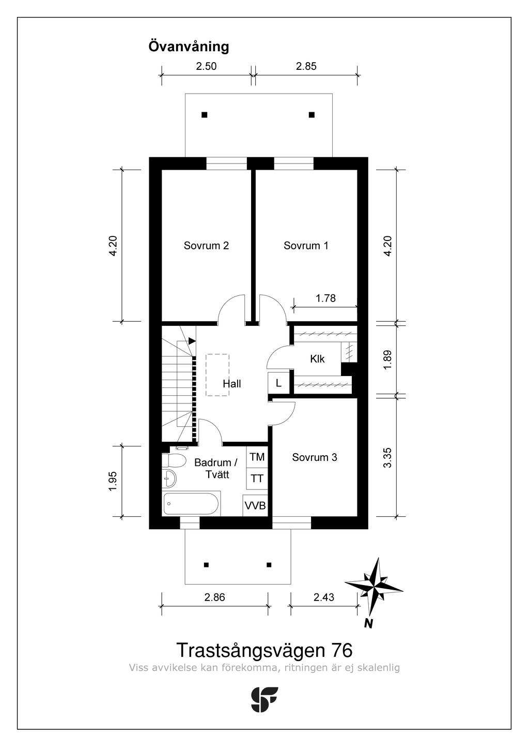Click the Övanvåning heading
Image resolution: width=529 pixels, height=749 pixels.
coord(189,47)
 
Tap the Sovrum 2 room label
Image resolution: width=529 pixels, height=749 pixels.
coord(206,246)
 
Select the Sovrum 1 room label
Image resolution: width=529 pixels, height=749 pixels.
coord(306,246)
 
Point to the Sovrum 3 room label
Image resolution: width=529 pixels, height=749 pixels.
coord(314,457)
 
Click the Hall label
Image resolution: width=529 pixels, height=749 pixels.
coord(231,384)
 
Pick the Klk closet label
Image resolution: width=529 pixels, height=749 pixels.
coord(317,358)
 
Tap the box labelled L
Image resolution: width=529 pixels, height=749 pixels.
coord(278,383)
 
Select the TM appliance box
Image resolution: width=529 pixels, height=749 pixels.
coord(257,457)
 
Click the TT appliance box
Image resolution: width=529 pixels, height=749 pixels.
coord(257,479)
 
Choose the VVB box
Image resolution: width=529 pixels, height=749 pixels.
coord(255,506)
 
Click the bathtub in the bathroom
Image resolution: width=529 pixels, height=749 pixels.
coord(191,503)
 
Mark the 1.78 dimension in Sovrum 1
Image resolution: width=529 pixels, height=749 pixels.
coord(325,298)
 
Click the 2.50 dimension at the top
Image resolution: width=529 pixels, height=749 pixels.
coord(206,66)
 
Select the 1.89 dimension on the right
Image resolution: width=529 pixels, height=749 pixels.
coord(388,359)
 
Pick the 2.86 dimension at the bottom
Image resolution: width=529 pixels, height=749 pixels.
coord(214,597)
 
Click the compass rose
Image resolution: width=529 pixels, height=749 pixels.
coord(375,587)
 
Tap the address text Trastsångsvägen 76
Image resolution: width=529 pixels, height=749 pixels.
coord(264,650)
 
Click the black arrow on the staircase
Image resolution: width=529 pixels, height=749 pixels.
coord(192,341)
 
